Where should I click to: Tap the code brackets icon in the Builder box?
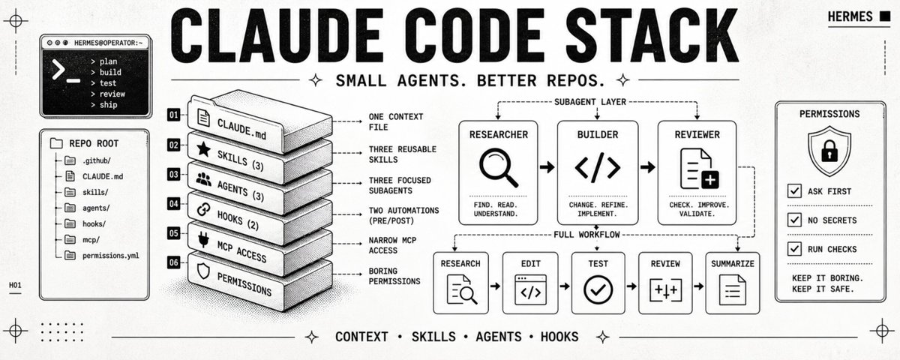(x=598, y=167)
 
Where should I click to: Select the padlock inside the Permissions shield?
(x=829, y=151)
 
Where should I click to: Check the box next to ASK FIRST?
(x=794, y=190)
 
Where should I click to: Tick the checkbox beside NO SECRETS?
(x=794, y=220)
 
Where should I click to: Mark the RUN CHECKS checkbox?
(x=794, y=249)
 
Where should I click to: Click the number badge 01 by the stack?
(x=173, y=115)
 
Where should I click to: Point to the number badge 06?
(x=173, y=262)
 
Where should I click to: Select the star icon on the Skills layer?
(x=204, y=149)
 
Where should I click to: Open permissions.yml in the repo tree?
(x=110, y=256)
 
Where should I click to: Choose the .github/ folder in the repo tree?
(x=97, y=160)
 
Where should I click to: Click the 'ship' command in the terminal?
(x=108, y=105)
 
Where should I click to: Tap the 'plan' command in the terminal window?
(x=108, y=61)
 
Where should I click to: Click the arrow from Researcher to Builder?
(x=547, y=166)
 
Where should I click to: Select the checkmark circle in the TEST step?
(x=598, y=289)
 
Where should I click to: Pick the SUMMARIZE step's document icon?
(x=733, y=289)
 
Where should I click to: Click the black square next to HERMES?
(x=885, y=16)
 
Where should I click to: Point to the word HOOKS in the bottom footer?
(x=559, y=337)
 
